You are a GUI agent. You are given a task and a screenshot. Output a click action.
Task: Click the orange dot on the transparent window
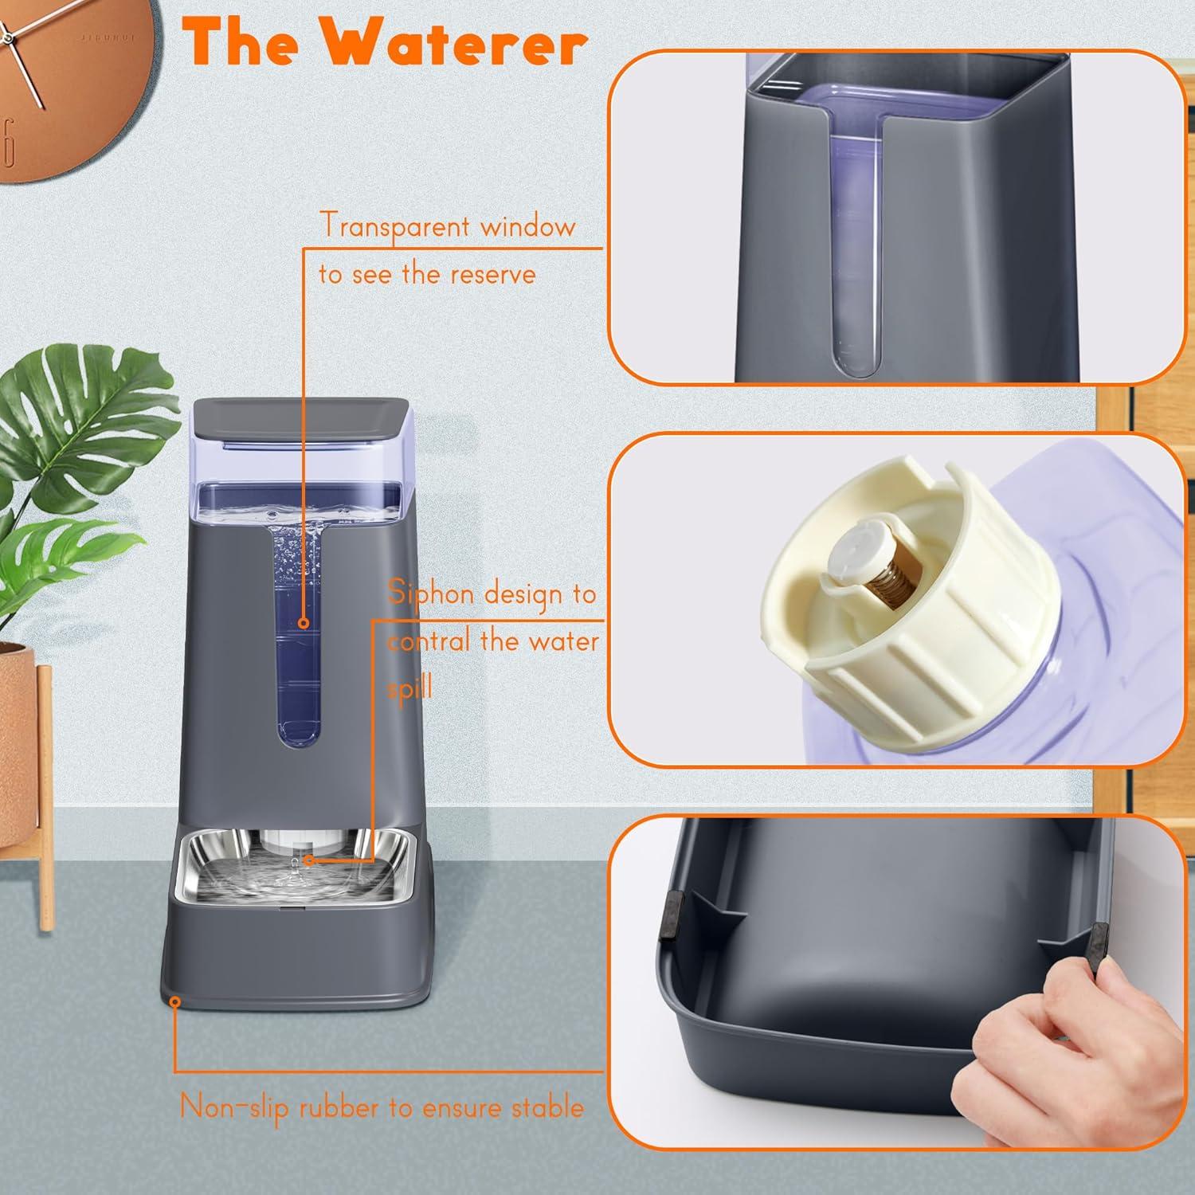304,624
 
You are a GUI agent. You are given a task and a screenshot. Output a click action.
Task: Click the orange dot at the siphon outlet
309,860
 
